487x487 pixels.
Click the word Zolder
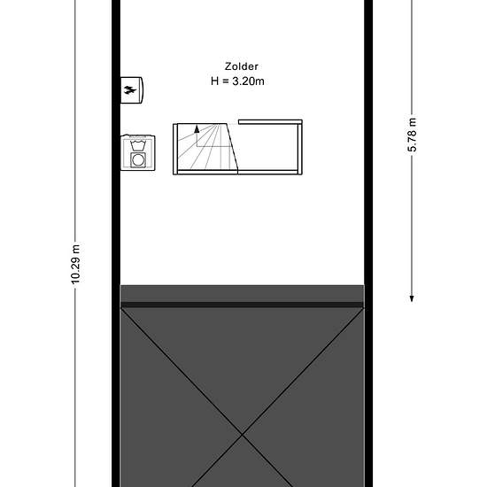coord(242,66)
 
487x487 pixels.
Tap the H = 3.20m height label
coord(237,81)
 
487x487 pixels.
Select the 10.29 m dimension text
coord(75,265)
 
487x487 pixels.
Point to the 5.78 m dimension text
coord(412,135)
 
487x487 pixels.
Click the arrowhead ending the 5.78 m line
coord(412,298)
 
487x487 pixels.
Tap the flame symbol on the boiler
coord(130,90)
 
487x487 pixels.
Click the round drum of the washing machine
coord(138,160)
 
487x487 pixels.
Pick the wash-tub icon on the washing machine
coord(138,145)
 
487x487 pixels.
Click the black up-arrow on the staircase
coord(197,129)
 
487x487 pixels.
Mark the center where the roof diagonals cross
coord(243,436)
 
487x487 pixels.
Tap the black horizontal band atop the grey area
coord(242,305)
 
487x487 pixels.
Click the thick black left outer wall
coord(116,243)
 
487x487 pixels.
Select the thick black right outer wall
coord(368,243)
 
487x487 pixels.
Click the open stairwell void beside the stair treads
coord(267,147)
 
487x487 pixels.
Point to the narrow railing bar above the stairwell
coord(270,122)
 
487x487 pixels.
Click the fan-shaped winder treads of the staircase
coord(205,147)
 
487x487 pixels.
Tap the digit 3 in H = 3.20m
coord(236,81)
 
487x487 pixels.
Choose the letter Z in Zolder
coord(228,66)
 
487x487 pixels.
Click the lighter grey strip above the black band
coord(242,293)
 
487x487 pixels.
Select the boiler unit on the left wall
coord(132,90)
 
